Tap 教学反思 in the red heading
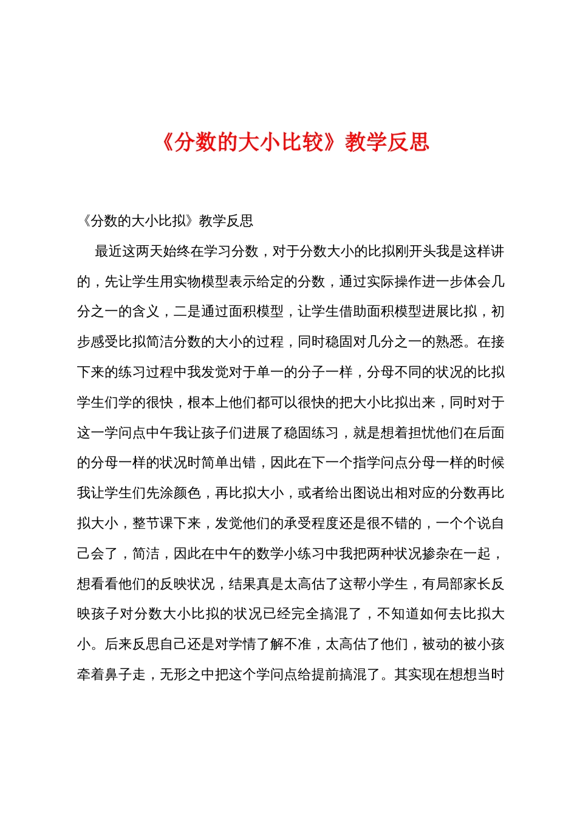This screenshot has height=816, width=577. (387, 142)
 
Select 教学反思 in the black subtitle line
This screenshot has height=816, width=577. (226, 221)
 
